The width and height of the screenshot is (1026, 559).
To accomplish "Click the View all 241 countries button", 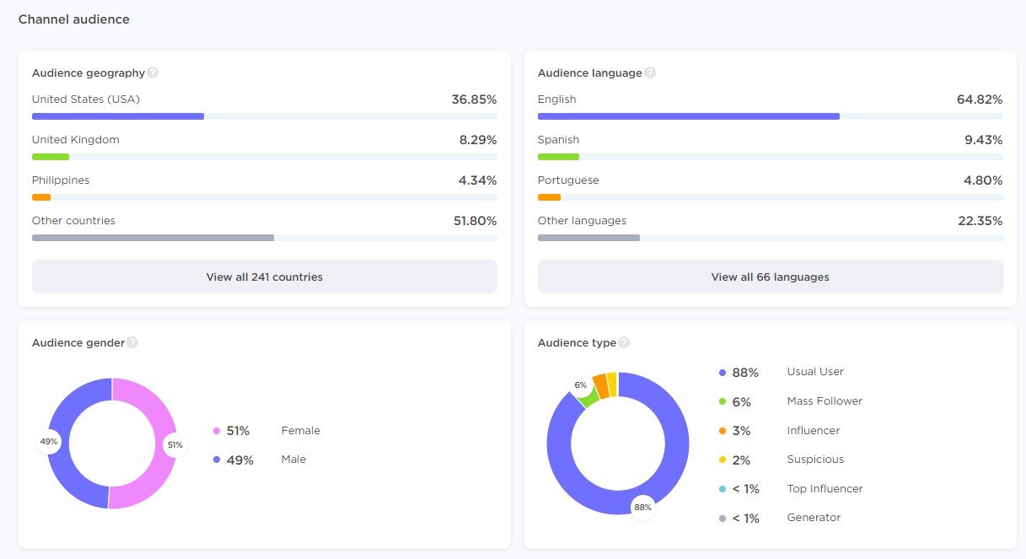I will click(264, 277).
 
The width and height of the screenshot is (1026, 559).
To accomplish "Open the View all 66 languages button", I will click(770, 277).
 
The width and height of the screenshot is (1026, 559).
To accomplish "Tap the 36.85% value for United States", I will click(474, 99).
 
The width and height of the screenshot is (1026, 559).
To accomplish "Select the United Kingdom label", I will click(76, 140).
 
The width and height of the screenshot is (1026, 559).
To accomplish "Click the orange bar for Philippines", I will click(41, 197).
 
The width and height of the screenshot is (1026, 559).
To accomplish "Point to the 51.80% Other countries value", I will click(475, 221).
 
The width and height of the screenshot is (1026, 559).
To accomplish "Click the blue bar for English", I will click(688, 116).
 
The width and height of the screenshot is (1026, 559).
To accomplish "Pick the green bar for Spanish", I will click(558, 157).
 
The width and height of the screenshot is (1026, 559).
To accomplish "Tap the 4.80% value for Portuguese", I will click(983, 180).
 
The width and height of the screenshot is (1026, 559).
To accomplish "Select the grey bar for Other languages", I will click(588, 238).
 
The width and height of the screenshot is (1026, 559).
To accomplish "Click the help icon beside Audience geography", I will click(153, 73).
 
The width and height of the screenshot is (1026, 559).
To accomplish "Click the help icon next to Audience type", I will click(624, 342).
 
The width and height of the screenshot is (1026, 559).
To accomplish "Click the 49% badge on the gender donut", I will click(49, 442).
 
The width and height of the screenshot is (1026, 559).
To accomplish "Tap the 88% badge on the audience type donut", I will click(643, 507).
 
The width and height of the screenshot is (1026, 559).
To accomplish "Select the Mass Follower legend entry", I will click(824, 401).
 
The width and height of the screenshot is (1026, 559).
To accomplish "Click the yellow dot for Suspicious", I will click(722, 460).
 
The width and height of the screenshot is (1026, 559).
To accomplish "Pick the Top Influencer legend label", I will click(824, 489).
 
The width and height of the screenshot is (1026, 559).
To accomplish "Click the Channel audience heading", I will click(74, 19).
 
